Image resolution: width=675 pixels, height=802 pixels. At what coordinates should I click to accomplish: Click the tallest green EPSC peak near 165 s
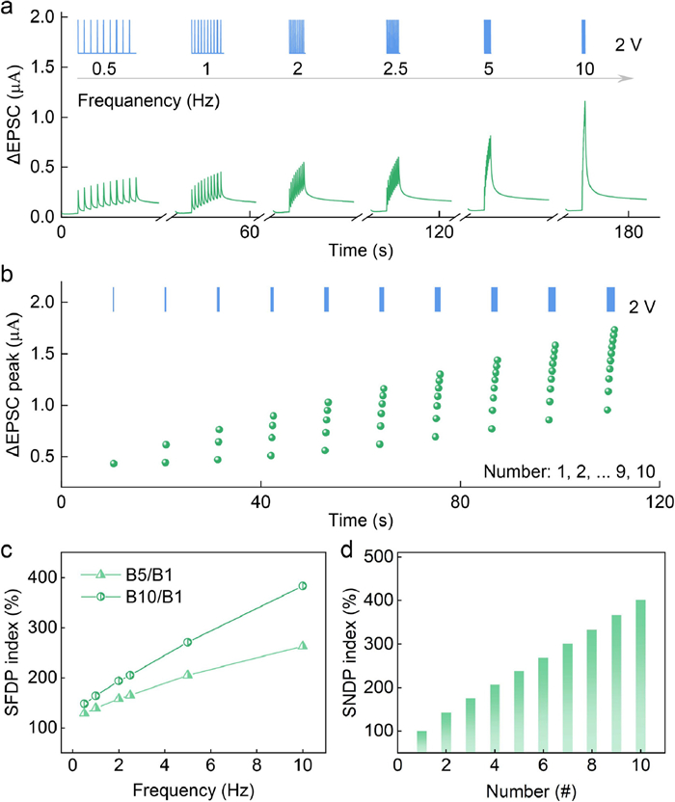click(583, 101)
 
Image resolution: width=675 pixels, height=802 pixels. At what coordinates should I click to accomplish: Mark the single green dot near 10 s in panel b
click(114, 464)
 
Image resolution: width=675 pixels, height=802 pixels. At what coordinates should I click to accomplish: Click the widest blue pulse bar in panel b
click(609, 300)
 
